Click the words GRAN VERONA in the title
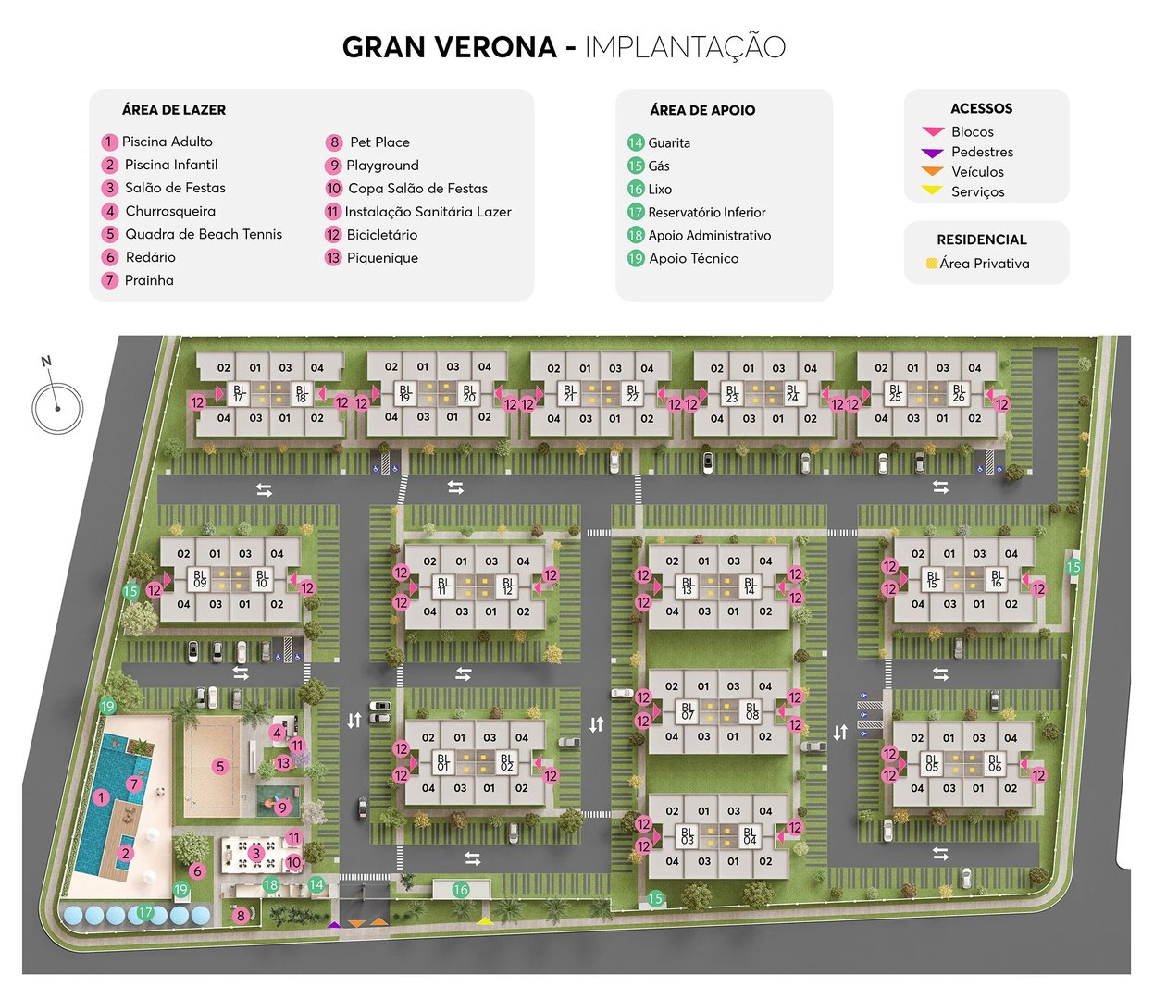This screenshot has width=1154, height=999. [x=449, y=47]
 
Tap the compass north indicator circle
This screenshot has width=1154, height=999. [x=57, y=408]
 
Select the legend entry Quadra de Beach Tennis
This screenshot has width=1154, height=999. [x=204, y=234]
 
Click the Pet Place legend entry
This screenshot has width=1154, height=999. [x=379, y=142]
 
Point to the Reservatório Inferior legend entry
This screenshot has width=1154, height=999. [x=706, y=212]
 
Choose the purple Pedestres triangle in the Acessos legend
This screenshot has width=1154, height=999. [x=932, y=153]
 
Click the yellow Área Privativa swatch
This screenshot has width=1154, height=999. [x=931, y=264]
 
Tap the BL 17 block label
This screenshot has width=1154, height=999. [x=239, y=393]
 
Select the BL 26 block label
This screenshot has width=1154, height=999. [x=959, y=393]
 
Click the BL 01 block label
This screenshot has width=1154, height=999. [x=443, y=762]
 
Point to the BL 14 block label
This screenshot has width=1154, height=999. [x=750, y=586]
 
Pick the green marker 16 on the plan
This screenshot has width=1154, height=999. [x=460, y=890]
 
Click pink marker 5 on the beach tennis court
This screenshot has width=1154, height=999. [x=219, y=766]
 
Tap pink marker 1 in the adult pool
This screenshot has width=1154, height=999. [x=102, y=797]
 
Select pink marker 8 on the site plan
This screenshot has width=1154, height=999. [x=241, y=916]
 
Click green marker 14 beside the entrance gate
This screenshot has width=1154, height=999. [x=316, y=884]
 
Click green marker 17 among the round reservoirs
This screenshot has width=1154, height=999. [x=145, y=912]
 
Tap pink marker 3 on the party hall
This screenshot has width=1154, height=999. [x=255, y=853]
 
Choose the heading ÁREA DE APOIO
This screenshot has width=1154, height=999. [x=702, y=110]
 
